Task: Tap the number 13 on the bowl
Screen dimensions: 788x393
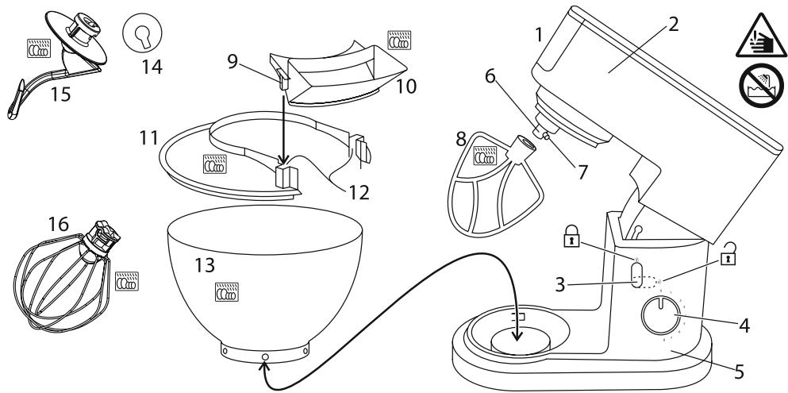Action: pos(205,265)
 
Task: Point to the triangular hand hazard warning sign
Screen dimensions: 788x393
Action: pos(761,37)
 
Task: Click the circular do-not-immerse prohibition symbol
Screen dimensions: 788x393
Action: pos(761,86)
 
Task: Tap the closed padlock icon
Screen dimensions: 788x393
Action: pos(571,237)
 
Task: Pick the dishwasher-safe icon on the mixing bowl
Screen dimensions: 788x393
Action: pos(227,291)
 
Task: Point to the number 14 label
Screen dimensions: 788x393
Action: pos(152,67)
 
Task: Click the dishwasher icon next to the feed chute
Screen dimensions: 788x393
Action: pos(399,40)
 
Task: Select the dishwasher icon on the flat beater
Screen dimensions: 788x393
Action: pos(485,156)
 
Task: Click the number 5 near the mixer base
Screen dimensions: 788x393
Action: pos(738,372)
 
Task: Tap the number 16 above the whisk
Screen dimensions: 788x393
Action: pos(58,224)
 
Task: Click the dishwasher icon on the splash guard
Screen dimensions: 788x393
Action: pos(214,164)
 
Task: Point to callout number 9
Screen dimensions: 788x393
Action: pos(233,61)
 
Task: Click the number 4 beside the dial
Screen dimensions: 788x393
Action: pos(744,326)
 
